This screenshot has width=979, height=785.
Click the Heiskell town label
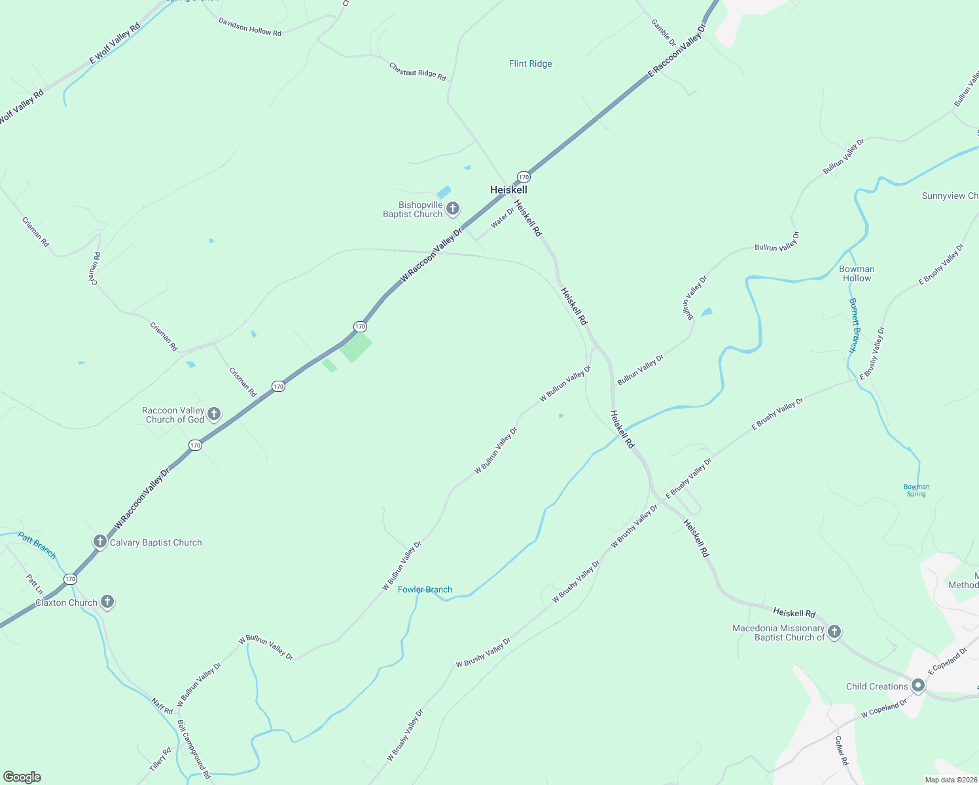pos(508,190)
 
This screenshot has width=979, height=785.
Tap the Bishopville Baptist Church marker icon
pos(452,209)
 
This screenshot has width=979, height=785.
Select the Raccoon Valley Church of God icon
pos(214,414)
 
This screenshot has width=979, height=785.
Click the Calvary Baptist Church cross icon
pos(99,542)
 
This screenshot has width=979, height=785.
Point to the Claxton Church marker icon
pos(107,602)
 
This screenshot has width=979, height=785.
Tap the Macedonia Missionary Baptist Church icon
pos(834,632)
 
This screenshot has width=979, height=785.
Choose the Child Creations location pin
pos(917,686)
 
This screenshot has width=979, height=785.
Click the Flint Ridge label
pos(530,63)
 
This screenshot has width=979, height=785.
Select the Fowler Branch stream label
pos(425,589)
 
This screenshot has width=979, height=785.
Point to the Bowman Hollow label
pos(857,273)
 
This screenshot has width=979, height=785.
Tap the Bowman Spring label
pos(916,490)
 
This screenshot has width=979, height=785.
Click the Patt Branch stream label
pos(37,545)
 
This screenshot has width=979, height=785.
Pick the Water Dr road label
pos(503,217)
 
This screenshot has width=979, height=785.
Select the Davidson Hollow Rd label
pos(249,27)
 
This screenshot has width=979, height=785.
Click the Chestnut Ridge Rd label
pos(417,72)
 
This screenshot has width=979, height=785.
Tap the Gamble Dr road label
pos(663,32)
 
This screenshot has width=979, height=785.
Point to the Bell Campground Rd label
pos(194,749)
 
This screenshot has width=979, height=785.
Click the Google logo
pos(22,776)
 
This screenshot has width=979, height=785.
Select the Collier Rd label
pos(841,750)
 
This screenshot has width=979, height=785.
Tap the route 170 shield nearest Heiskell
pos(524,177)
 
